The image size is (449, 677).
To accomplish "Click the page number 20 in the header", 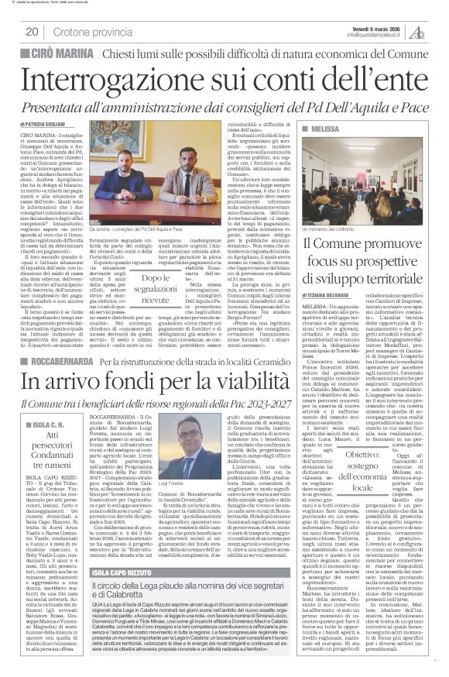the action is pos(32,31).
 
